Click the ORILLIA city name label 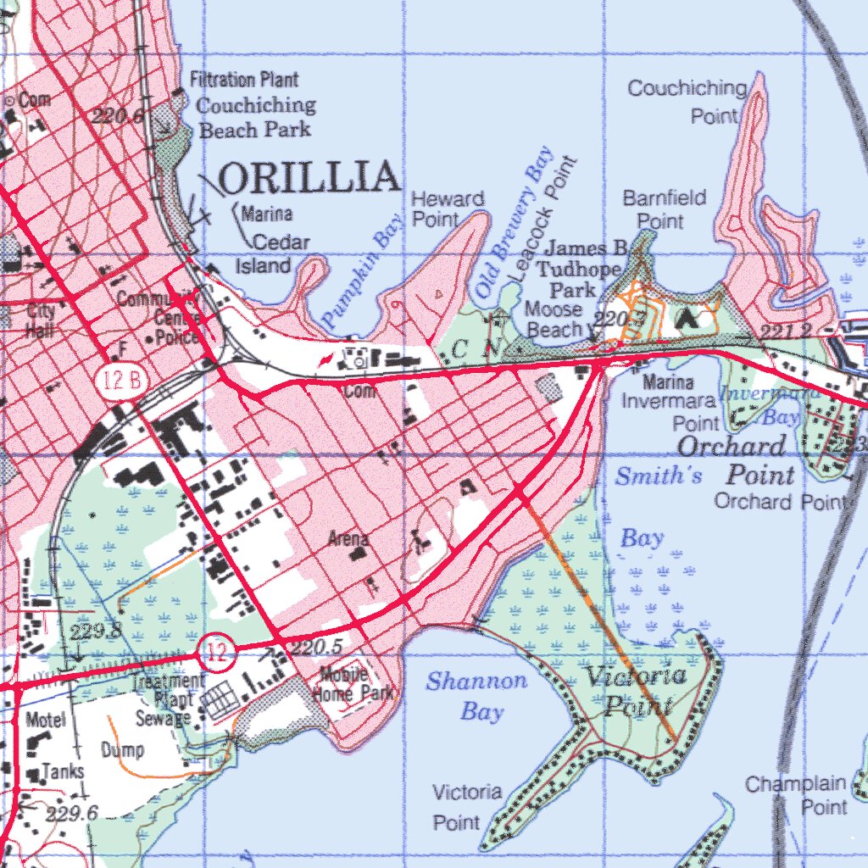tap(309, 178)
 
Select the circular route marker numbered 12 tap(211, 651)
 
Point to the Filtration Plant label tap(244, 81)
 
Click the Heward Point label tap(448, 209)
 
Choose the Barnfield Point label tap(665, 209)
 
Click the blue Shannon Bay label tap(476, 695)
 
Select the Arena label tap(348, 539)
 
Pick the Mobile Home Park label tap(353, 684)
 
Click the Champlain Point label tap(796, 795)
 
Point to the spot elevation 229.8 tap(96, 632)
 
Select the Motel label tap(45, 721)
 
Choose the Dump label tap(122, 750)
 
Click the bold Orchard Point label tap(732, 459)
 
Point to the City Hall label tap(41, 321)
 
